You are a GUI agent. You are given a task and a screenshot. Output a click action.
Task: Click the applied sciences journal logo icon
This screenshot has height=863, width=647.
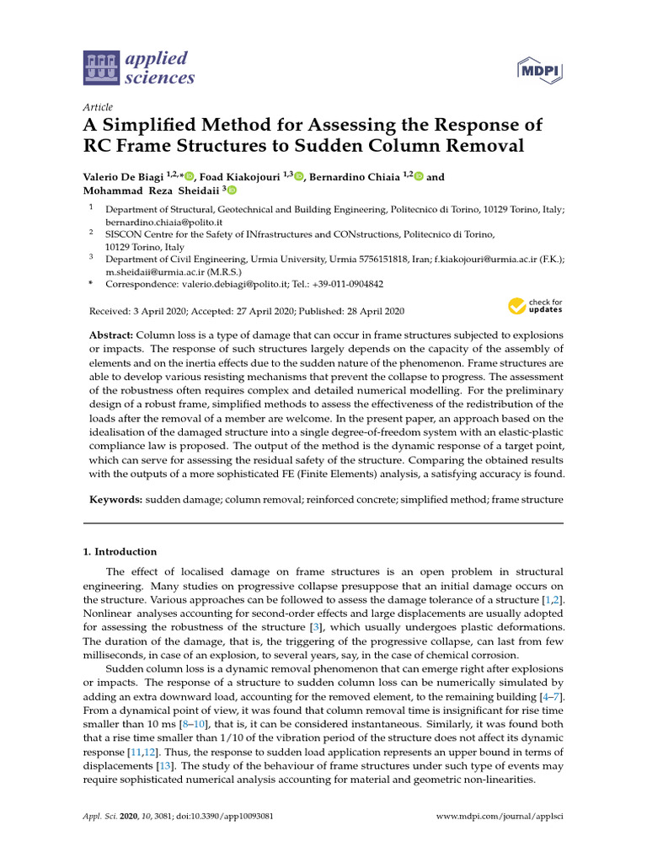coord(101,68)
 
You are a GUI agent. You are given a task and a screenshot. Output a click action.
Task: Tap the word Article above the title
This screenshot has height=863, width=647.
coord(98,107)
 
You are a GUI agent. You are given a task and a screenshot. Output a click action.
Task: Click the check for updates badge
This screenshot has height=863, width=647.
coord(534,306)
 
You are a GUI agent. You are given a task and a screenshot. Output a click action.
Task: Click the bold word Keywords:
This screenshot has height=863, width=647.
coord(115,500)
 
